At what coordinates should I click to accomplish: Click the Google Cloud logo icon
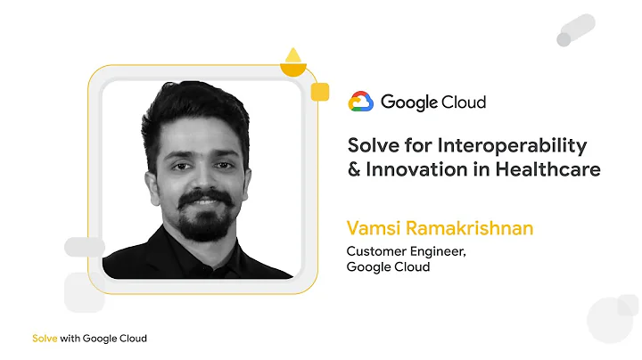point(360,102)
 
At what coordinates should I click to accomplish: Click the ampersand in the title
point(353,168)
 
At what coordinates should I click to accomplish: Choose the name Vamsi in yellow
point(372,228)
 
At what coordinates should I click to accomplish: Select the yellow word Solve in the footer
point(45,339)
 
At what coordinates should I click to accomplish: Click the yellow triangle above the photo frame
point(293,53)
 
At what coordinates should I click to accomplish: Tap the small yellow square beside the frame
point(320,91)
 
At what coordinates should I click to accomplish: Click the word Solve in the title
point(370,145)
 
